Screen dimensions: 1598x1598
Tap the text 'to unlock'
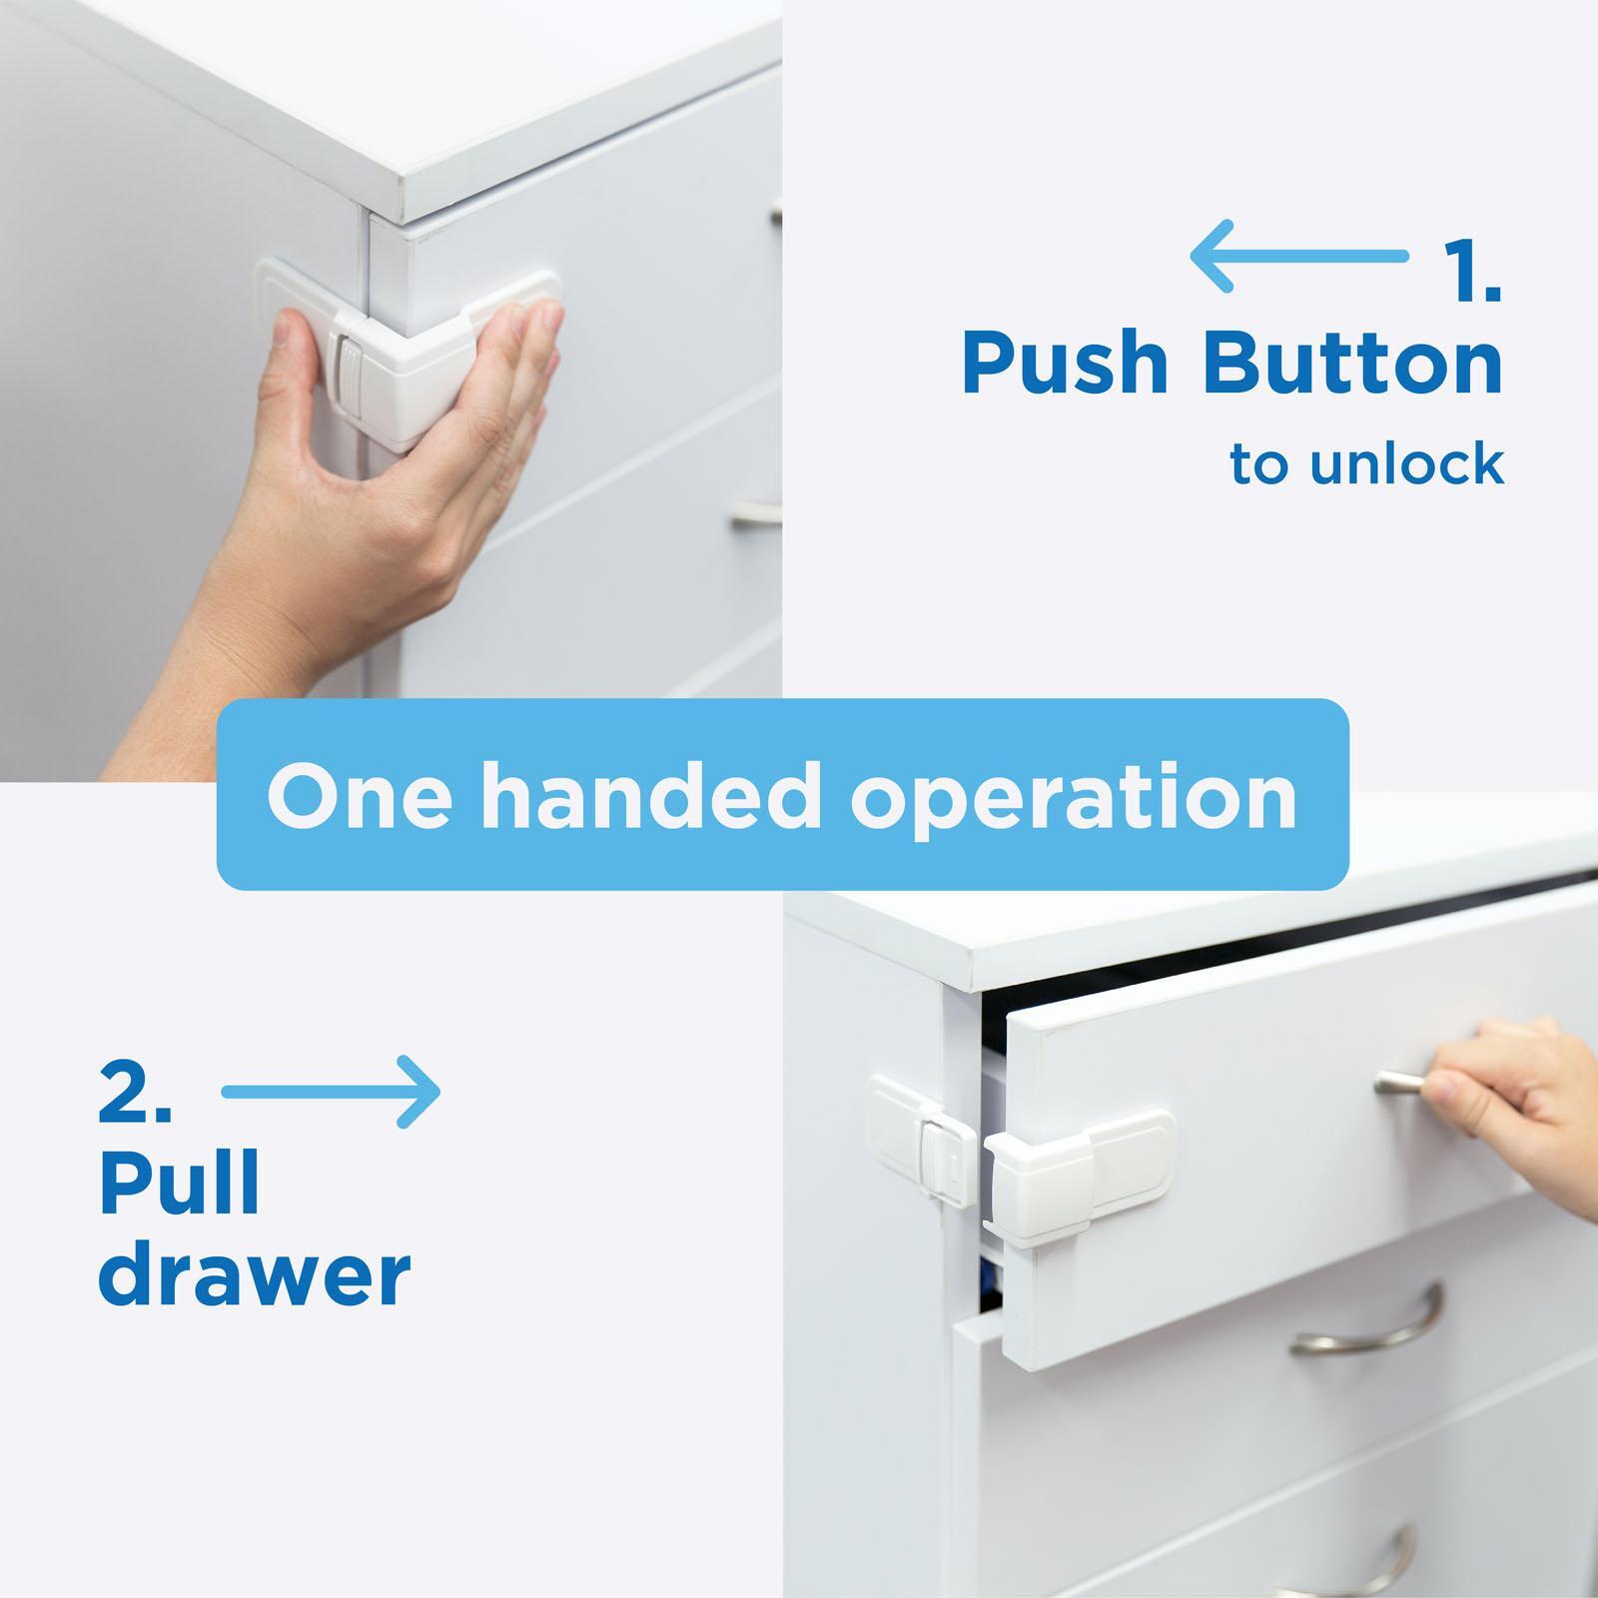(x=1366, y=464)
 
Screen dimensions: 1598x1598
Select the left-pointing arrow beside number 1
(x=1297, y=258)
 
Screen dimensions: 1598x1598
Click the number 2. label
(x=136, y=1095)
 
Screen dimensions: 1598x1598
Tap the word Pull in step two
(x=179, y=1185)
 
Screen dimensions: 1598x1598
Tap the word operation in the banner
(x=1074, y=796)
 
